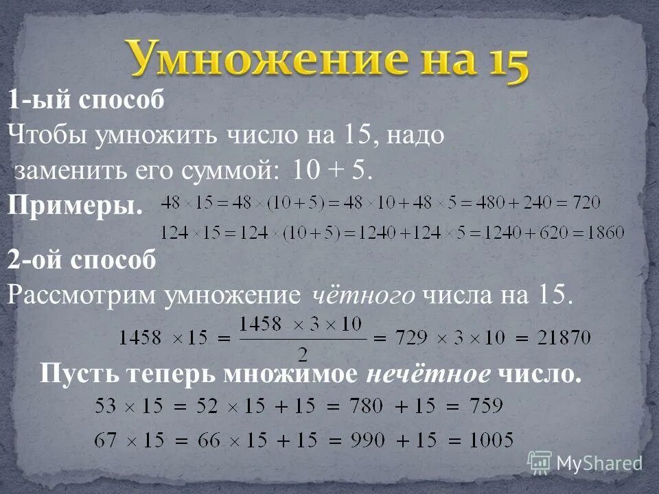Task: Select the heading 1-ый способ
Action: (x=86, y=100)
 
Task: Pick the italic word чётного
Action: (x=364, y=295)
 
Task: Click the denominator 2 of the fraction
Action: (x=300, y=354)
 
